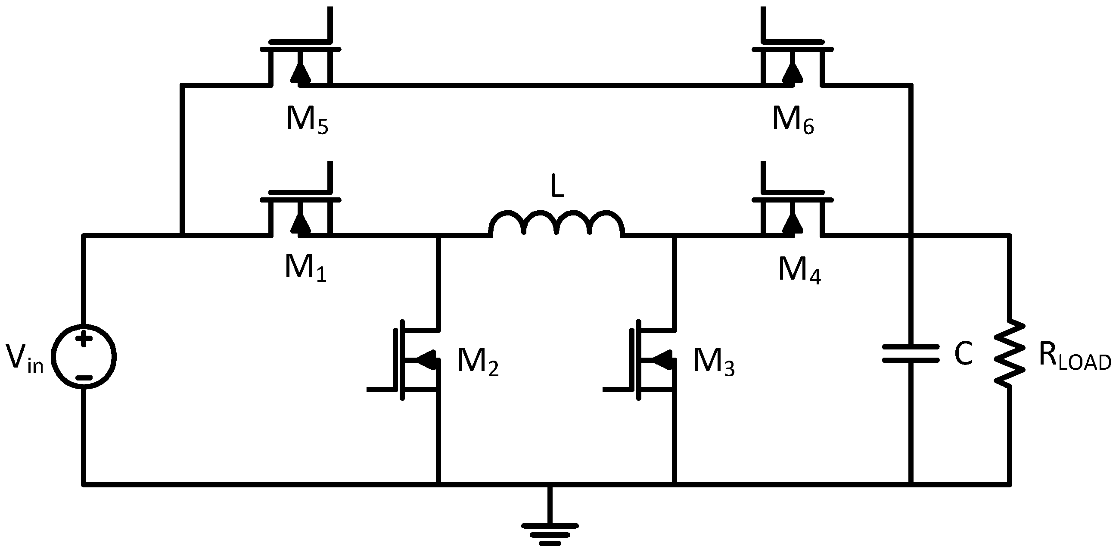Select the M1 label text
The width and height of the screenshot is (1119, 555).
pos(305,268)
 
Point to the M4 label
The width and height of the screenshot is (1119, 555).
pos(799,270)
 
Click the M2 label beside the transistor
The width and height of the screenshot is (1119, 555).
pos(477,362)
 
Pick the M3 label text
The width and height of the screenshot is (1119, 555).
pos(714,362)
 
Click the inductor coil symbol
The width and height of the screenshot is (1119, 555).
pos(556,223)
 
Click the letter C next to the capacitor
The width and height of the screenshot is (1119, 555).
pos(963,354)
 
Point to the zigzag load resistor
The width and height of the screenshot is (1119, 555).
pos(1010,353)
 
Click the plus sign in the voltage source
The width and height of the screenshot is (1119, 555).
pos(84,340)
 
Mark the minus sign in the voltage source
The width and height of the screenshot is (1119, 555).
pos(84,377)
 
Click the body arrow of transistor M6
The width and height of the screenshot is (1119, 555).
pos(793,74)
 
